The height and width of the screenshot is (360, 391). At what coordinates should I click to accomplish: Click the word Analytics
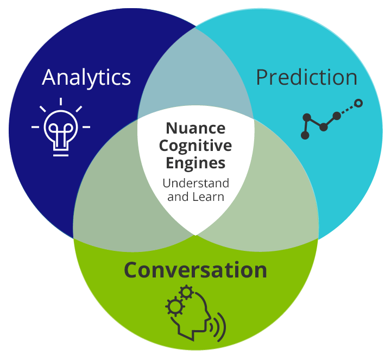pos(86,78)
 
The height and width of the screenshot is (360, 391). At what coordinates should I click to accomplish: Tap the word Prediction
pos(307,77)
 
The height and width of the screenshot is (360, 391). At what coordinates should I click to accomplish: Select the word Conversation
pos(195,270)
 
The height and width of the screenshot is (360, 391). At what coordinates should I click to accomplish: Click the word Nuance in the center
pos(195,128)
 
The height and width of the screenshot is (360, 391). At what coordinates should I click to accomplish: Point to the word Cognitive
pos(195,146)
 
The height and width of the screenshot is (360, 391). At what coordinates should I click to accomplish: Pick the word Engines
pos(195,163)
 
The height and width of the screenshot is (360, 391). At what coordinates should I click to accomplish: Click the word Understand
pos(195,183)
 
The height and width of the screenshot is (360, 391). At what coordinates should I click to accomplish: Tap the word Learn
pos(209,197)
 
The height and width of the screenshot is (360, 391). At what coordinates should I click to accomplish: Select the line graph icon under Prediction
pos(332,119)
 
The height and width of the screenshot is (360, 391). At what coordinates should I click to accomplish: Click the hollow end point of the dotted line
pos(358,103)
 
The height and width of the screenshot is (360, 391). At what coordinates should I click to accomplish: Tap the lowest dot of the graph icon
pos(305,135)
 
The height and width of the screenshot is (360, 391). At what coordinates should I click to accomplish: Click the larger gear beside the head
pos(175,306)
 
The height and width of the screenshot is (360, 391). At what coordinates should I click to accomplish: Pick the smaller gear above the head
pos(186,292)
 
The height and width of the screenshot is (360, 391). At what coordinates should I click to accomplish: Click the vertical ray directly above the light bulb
pos(61,102)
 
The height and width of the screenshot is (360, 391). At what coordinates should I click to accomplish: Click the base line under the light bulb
pos(61,155)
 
